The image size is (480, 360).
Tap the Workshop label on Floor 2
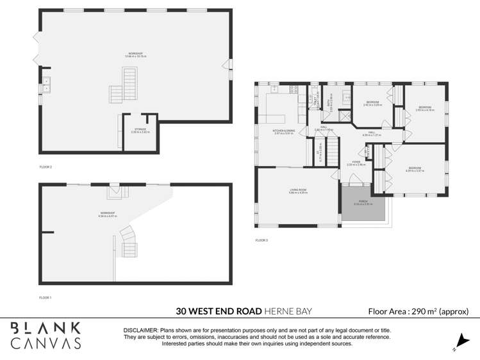(x=135, y=55)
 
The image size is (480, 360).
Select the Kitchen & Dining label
(x=284, y=133)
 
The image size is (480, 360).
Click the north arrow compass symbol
(x=458, y=343)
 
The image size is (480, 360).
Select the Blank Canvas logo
(x=46, y=336)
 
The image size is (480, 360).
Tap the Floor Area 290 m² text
(x=418, y=311)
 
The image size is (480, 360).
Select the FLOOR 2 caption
(x=45, y=167)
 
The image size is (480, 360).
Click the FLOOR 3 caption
(x=261, y=240)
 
